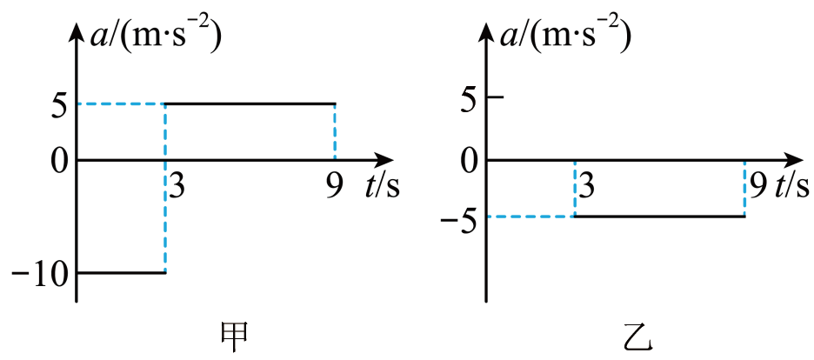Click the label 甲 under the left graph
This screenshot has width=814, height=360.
pyautogui.click(x=234, y=337)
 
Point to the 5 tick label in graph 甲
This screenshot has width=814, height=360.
pyautogui.click(x=58, y=106)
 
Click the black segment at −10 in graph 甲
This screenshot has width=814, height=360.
pyautogui.click(x=121, y=273)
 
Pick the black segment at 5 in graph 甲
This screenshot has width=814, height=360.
pyautogui.click(x=250, y=103)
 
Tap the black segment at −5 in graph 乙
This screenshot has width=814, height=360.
pyautogui.click(x=659, y=217)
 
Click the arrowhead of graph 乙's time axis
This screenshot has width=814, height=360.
pyautogui.click(x=791, y=160)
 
